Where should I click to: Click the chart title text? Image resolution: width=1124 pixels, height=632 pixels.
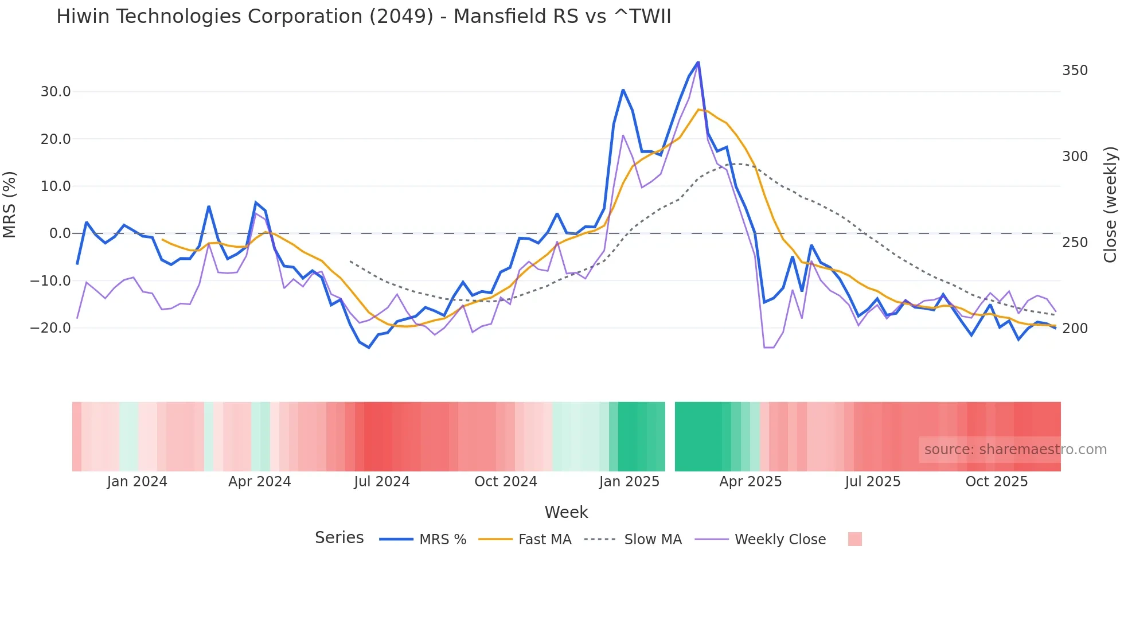click(x=364, y=17)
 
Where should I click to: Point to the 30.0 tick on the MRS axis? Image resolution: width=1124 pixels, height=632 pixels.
click(x=56, y=92)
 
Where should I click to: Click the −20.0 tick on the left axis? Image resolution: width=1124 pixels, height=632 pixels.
click(x=51, y=328)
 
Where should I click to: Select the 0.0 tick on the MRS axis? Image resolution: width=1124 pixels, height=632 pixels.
click(x=60, y=233)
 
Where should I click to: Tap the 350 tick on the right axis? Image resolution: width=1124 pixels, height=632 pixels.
click(x=1075, y=71)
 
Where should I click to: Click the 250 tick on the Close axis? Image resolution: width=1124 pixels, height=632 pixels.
click(x=1075, y=243)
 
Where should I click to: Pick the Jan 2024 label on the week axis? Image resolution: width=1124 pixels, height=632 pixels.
click(x=137, y=482)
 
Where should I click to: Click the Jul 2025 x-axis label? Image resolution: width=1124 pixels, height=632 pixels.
click(x=872, y=482)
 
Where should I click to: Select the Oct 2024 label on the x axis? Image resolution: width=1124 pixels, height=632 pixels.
click(x=505, y=482)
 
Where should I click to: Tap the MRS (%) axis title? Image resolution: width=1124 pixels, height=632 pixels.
click(x=10, y=204)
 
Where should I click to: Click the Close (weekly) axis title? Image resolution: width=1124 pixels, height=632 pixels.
click(x=1110, y=205)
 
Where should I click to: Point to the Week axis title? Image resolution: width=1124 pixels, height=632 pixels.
click(x=566, y=512)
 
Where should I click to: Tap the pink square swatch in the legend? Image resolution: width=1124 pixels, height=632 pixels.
click(x=854, y=539)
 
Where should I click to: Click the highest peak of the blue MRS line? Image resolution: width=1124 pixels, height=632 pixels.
click(x=698, y=62)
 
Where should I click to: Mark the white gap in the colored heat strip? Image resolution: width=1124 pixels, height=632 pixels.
click(x=670, y=436)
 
